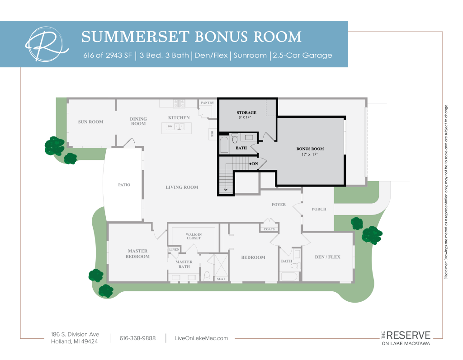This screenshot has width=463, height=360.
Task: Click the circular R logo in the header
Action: click(x=47, y=44)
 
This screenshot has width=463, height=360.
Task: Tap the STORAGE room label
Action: click(x=246, y=112)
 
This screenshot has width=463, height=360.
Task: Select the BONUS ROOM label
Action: click(x=310, y=149)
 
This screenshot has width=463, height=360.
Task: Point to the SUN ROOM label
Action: click(x=90, y=122)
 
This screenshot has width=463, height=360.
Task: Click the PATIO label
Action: click(x=124, y=185)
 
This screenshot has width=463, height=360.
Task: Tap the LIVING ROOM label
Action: click(x=182, y=187)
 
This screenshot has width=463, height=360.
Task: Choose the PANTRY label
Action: click(x=207, y=103)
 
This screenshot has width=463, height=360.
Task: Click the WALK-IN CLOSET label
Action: click(x=194, y=236)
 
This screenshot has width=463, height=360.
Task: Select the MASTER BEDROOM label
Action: click(x=137, y=254)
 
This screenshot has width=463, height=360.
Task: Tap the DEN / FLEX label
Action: click(x=327, y=257)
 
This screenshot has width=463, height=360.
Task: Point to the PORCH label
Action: click(x=319, y=209)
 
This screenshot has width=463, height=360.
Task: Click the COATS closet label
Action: click(x=269, y=229)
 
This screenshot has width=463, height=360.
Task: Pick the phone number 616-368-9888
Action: click(x=137, y=338)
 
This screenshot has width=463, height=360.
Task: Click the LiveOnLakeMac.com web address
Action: click(x=201, y=338)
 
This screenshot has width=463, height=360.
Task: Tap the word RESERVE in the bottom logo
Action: click(x=408, y=335)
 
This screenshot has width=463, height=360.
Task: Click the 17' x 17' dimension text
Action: click(x=309, y=154)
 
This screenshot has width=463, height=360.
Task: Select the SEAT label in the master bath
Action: click(x=221, y=279)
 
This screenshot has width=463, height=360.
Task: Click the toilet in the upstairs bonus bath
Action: click(x=235, y=138)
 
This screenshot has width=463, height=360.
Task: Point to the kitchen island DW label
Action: click(x=170, y=126)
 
